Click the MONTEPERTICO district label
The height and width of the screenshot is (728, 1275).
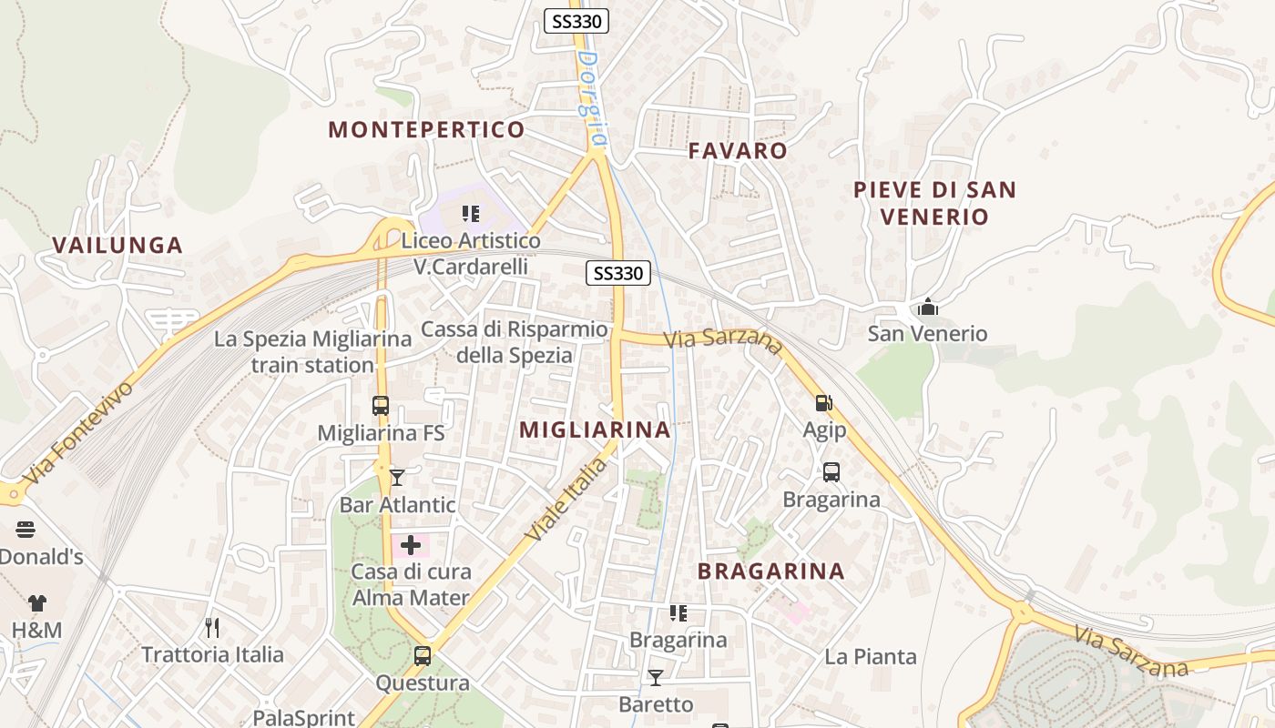coord(426,129)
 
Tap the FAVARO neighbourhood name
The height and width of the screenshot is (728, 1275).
coord(738,150)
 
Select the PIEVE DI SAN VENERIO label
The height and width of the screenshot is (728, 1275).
coord(934,203)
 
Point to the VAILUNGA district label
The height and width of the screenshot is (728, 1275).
coord(117,245)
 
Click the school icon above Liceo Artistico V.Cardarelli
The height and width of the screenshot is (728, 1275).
coord(471,215)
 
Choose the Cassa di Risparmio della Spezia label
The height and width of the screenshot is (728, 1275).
coord(515,342)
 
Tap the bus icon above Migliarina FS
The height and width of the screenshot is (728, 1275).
coord(381,406)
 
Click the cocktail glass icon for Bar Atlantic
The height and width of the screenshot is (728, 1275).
coord(397,477)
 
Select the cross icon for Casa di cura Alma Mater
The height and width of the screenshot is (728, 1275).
coord(411,545)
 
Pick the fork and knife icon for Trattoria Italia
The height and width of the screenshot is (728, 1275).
coord(212,627)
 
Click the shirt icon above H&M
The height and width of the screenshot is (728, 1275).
coord(36,602)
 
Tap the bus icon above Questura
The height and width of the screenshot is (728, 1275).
coord(423,655)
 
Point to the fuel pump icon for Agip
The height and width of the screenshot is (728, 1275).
coord(823,402)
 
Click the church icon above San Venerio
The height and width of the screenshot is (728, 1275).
coord(927,307)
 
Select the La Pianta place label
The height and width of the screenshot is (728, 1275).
coord(871,656)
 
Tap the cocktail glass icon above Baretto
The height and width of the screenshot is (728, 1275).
coord(655,677)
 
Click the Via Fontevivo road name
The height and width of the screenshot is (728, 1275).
coord(80,432)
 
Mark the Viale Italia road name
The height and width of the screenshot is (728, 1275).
coord(566,500)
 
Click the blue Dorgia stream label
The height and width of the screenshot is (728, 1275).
coord(592,98)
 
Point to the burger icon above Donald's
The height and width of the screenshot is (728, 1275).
coord(25,530)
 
